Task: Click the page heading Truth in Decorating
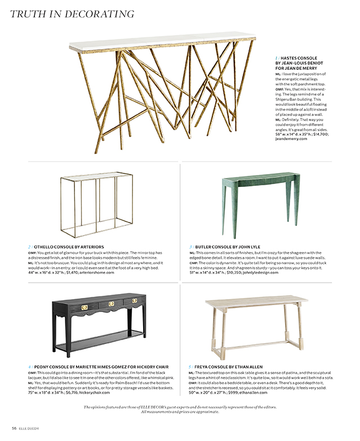pyautogui.click(x=78, y=12)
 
